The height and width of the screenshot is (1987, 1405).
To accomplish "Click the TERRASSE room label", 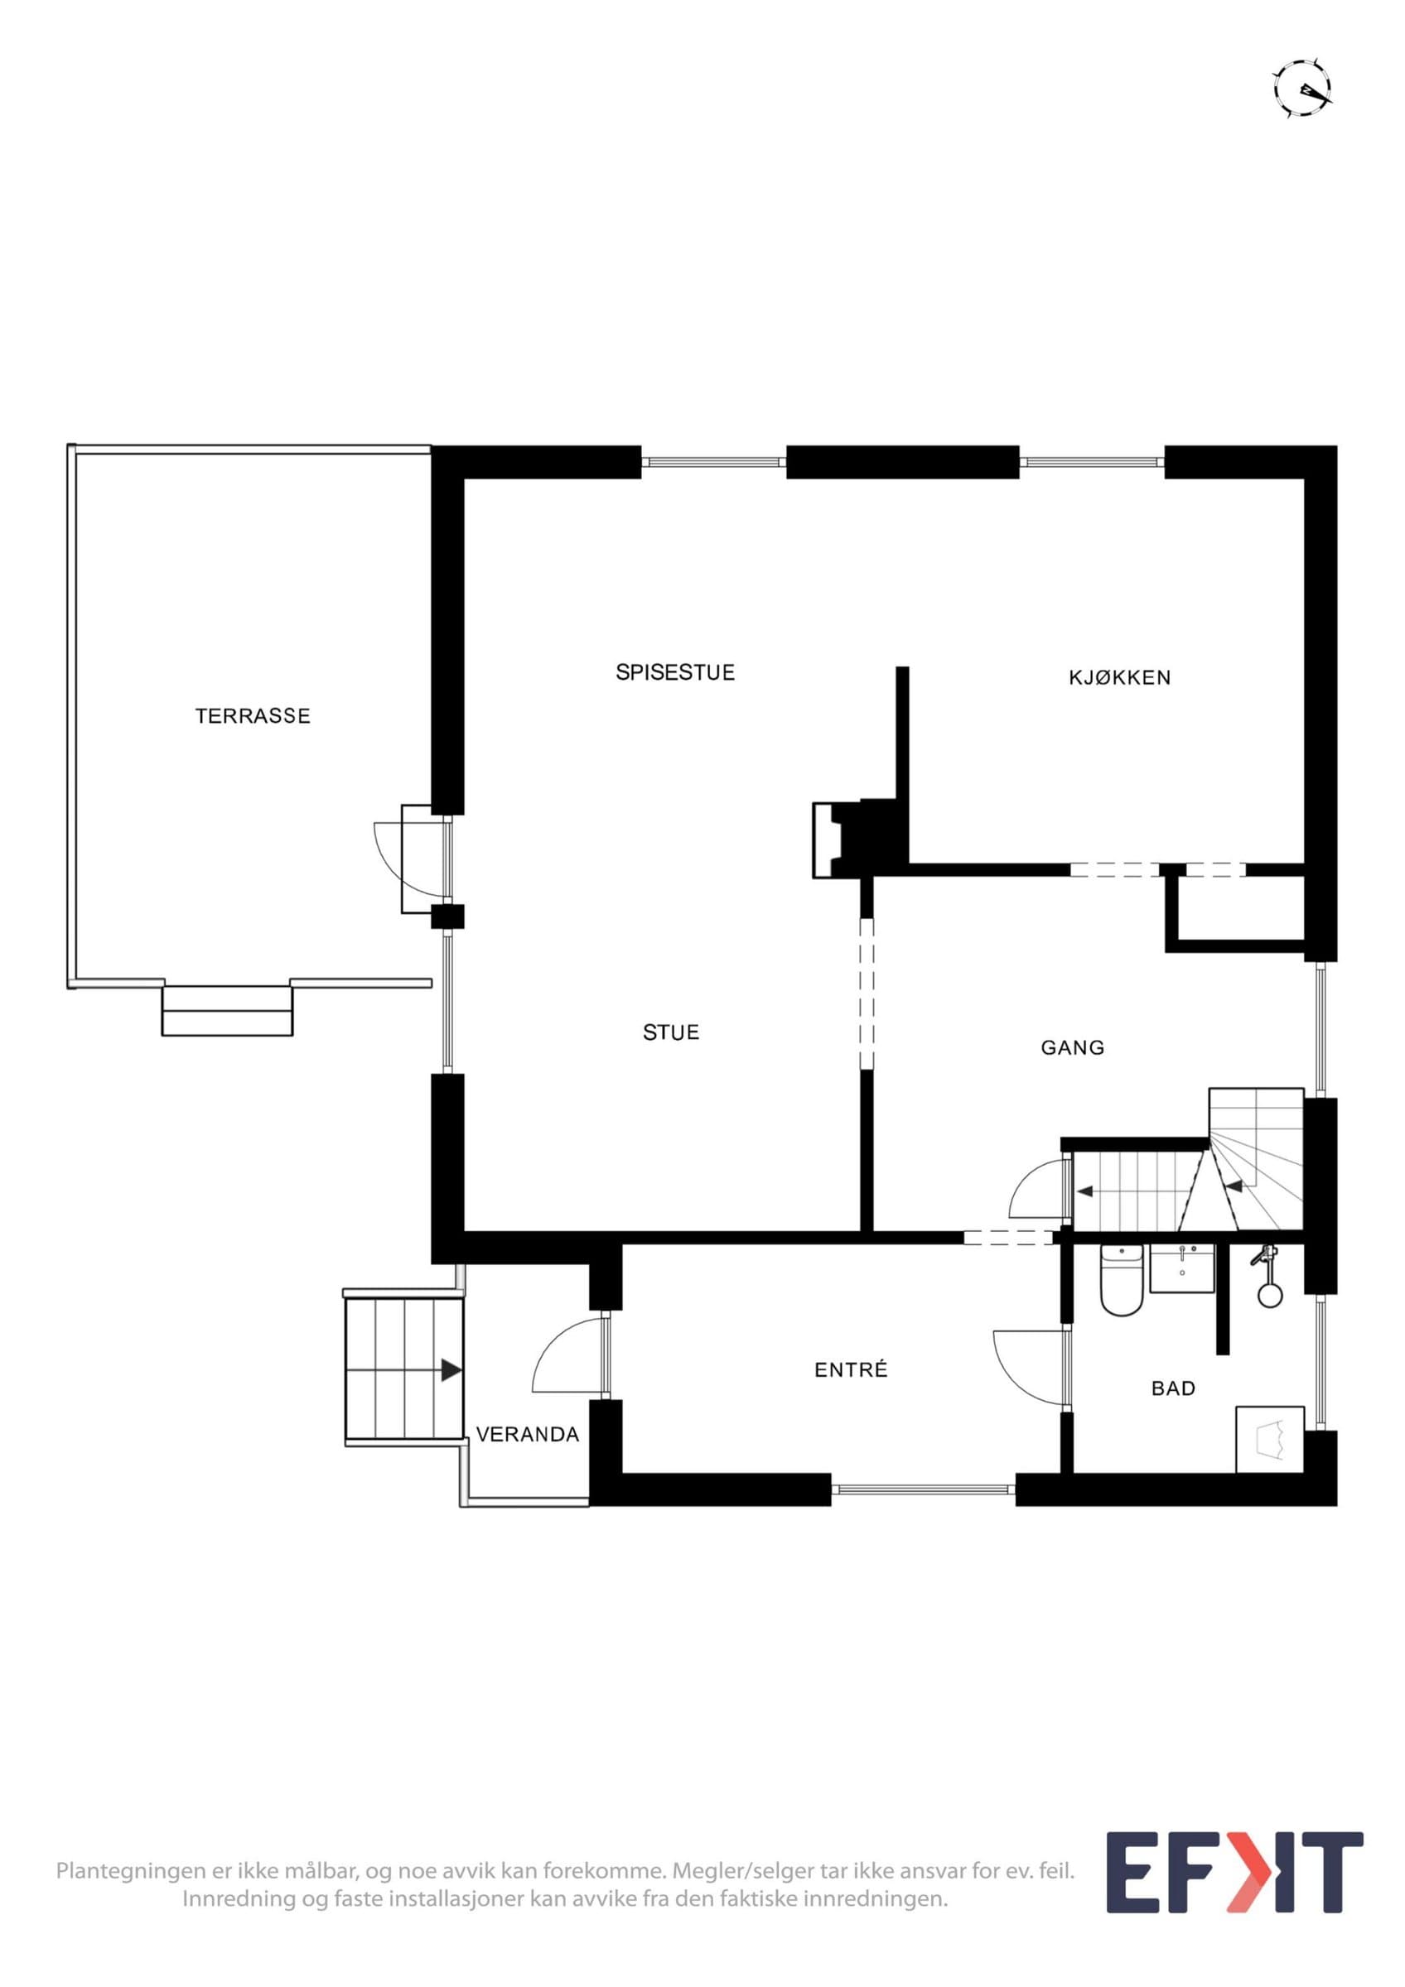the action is tap(253, 715).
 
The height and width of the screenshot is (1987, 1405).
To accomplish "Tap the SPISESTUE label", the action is tap(675, 672).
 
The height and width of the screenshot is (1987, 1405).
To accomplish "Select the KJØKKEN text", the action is tap(1119, 677).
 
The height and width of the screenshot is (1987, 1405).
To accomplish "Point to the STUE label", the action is tap(671, 1032).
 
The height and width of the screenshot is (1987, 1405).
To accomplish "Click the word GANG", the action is tap(1073, 1048).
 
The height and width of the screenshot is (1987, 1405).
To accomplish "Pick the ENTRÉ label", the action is tap(851, 1370).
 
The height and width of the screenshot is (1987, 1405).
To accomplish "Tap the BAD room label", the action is tap(1173, 1388).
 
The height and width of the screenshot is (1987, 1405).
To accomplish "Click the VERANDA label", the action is tap(527, 1434).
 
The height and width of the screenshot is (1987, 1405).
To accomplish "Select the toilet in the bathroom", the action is tap(1121, 1281).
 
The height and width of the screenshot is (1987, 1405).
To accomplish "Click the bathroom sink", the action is tap(1181, 1268).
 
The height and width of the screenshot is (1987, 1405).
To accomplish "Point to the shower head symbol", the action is tap(1268, 1276).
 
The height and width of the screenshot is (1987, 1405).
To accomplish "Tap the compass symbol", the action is tap(1303, 89).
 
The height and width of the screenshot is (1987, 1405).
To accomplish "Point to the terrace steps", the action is tap(227, 1009).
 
